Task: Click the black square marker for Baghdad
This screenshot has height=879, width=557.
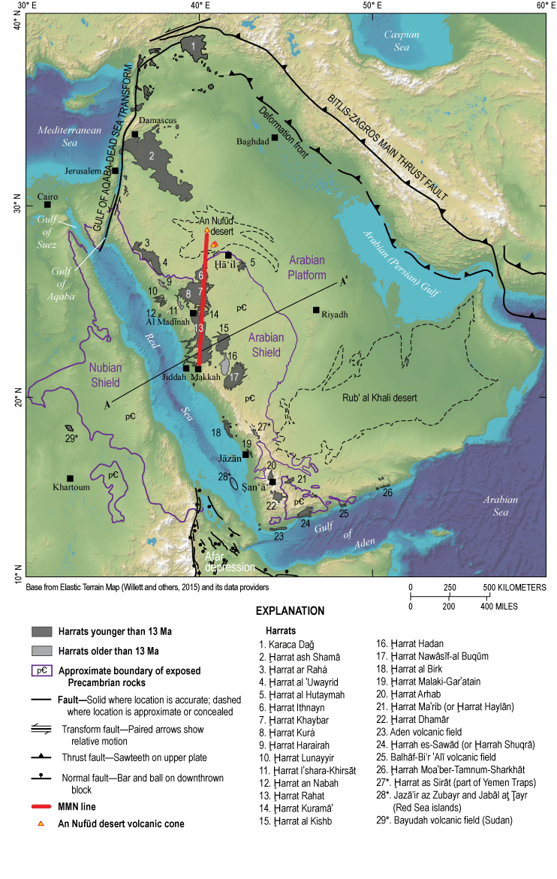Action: click(275, 137)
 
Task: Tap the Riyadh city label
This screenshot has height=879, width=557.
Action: click(336, 315)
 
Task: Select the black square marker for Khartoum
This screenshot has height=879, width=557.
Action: click(70, 478)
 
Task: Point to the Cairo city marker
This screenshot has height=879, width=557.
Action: click(47, 204)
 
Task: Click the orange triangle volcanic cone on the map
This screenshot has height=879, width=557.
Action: click(214, 244)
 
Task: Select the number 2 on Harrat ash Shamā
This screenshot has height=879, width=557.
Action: click(152, 156)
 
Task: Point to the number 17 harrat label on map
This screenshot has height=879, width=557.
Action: click(235, 377)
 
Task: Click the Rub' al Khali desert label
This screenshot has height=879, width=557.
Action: click(382, 398)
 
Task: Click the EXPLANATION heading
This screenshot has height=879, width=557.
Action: click(290, 610)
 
